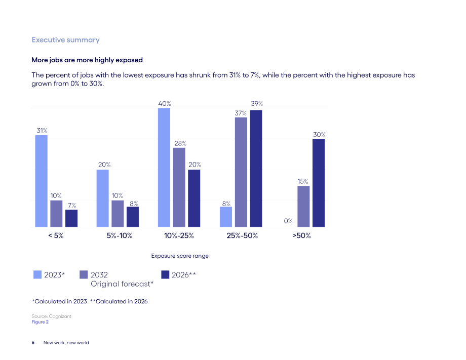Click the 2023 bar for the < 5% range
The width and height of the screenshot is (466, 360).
pyautogui.click(x=42, y=181)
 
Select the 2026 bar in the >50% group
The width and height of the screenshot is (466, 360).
pyautogui.click(x=319, y=183)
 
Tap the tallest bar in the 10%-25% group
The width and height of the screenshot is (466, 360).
pyautogui.click(x=164, y=168)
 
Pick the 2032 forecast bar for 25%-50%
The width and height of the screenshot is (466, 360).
pyautogui.click(x=241, y=172)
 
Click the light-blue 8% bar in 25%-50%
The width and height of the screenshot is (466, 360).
pyautogui.click(x=226, y=217)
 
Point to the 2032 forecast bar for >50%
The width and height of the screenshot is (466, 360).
pyautogui.click(x=303, y=207)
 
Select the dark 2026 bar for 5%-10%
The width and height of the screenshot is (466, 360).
pyautogui.click(x=133, y=217)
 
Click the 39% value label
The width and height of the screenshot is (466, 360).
pyautogui.click(x=257, y=104)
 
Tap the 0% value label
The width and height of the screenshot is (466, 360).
pyautogui.click(x=288, y=221)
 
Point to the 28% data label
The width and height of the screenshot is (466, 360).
pyautogui.click(x=180, y=143)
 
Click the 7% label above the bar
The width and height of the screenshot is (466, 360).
pyautogui.click(x=72, y=206)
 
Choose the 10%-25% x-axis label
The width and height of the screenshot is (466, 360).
pyautogui.click(x=179, y=235)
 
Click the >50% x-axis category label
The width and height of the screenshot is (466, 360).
pyautogui.click(x=302, y=235)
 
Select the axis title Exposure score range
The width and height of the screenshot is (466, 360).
pyautogui.click(x=180, y=256)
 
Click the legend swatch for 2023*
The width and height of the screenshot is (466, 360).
pyautogui.click(x=37, y=274)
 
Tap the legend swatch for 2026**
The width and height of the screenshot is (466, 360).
pyautogui.click(x=165, y=274)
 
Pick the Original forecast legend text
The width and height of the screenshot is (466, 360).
pyautogui.click(x=122, y=284)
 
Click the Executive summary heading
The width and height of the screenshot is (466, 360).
pyautogui.click(x=66, y=40)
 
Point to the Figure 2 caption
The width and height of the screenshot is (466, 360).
pyautogui.click(x=40, y=322)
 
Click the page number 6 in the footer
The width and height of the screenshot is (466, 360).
pyautogui.click(x=33, y=343)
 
